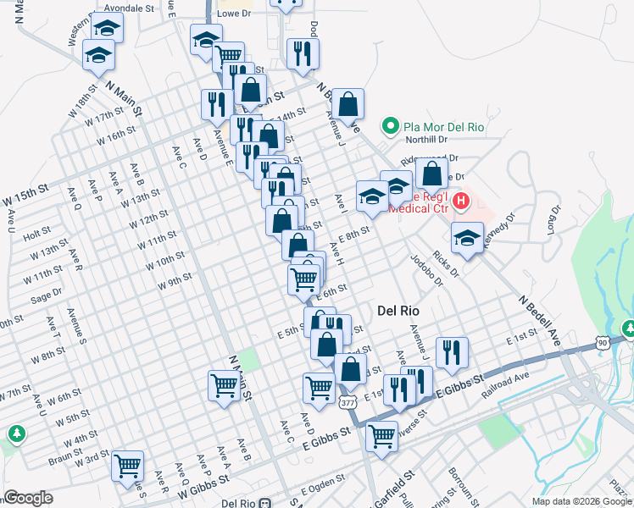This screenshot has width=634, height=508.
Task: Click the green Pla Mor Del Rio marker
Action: [391, 127]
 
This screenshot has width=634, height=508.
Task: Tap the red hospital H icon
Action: [461, 202]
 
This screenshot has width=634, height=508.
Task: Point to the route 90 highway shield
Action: [602, 341]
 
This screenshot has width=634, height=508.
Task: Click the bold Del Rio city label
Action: [398, 311]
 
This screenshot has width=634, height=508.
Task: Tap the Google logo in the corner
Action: [28, 498]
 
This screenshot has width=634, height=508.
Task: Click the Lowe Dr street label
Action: [235, 14]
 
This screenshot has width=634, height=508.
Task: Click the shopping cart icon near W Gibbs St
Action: [127, 464]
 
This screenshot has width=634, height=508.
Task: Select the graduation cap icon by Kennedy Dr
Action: [466, 237]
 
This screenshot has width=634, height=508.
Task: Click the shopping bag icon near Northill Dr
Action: [432, 174]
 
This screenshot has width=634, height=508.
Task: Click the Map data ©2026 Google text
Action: [581, 500]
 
